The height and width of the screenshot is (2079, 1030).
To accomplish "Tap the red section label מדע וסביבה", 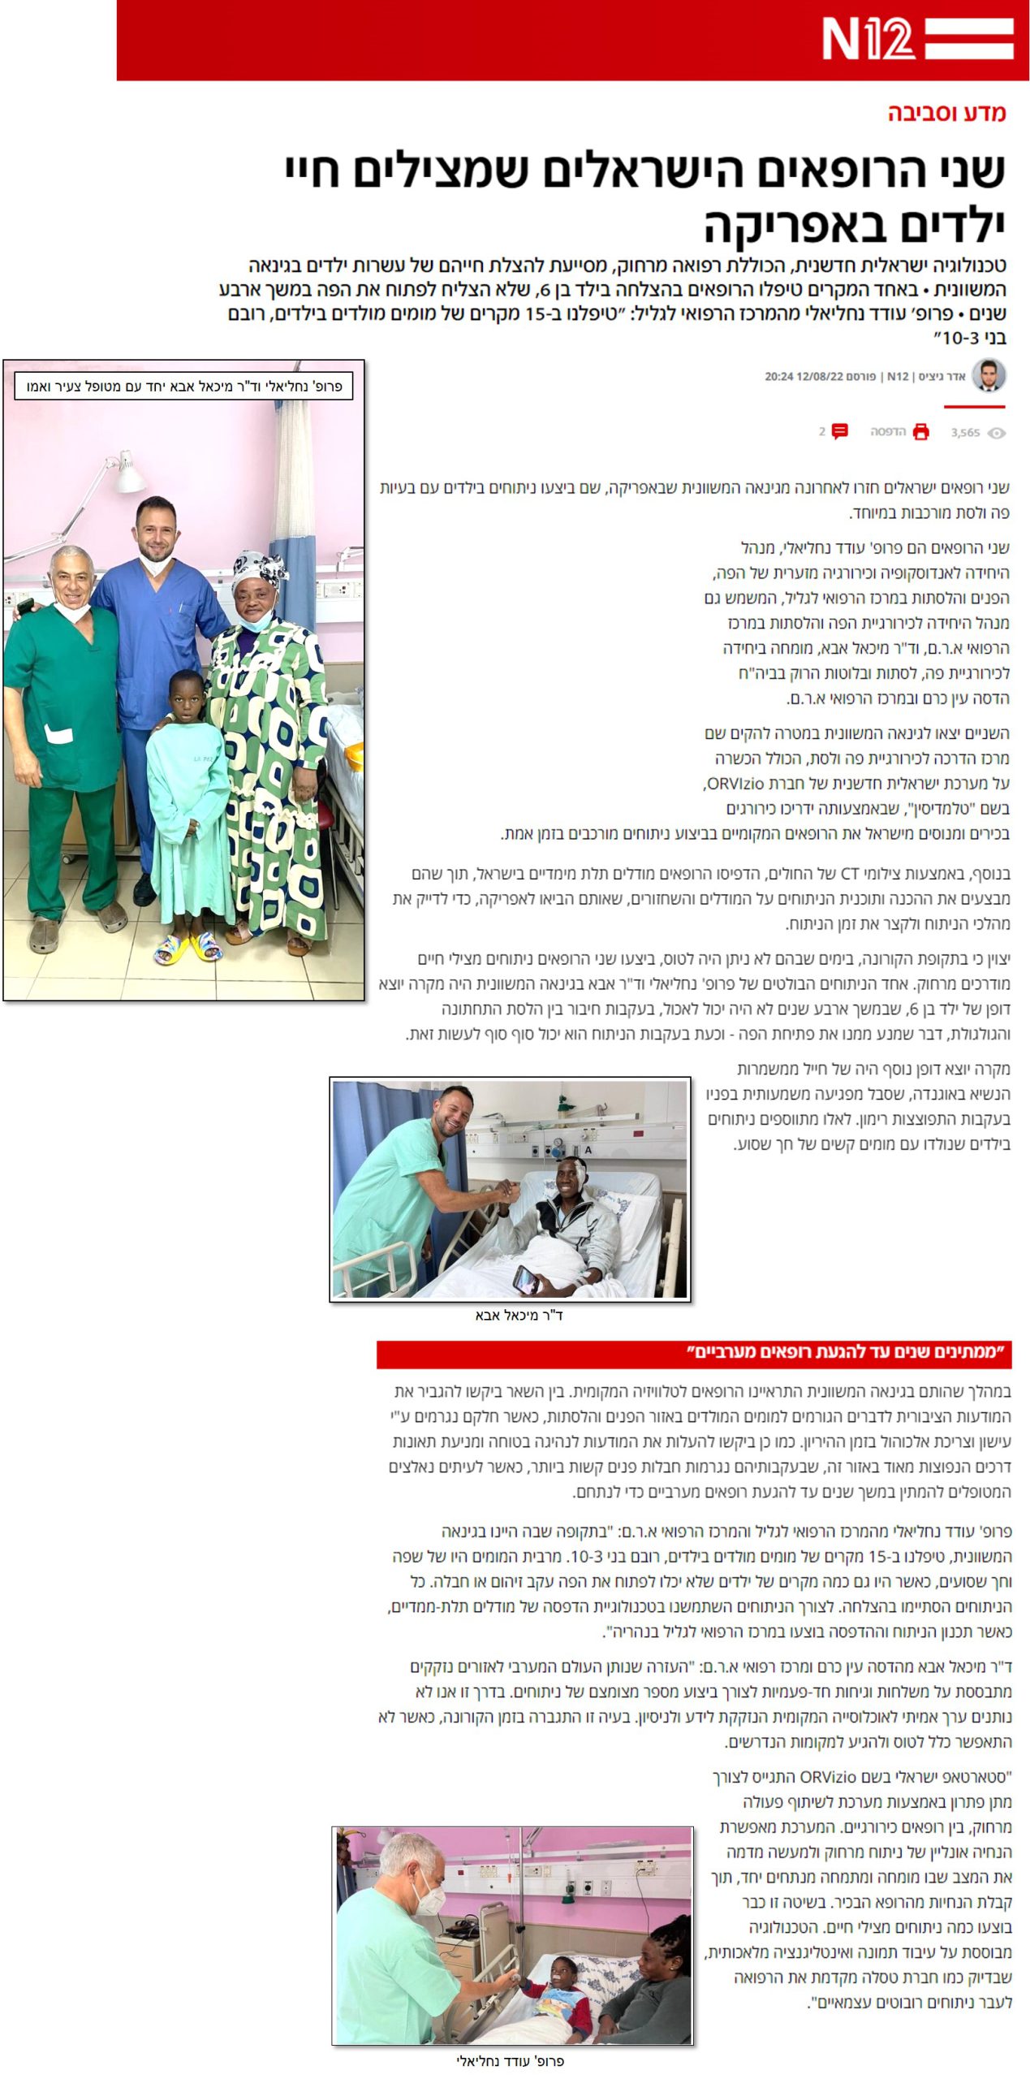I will pos(946,113).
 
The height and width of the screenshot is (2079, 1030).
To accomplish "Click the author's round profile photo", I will pos(988,375).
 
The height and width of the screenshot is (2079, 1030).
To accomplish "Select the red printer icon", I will pos(920,431).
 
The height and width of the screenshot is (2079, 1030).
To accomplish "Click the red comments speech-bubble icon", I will pos(840,431).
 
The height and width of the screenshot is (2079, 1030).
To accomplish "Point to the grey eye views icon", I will pos(996,433).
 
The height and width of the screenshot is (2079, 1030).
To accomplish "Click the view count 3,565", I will pos(965,433).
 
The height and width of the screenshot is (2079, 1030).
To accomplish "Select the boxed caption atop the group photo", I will pos(184,386).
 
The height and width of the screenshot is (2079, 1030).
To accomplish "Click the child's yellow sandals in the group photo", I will pos(188,948).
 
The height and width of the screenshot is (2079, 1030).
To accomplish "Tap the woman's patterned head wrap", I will pos(259,571).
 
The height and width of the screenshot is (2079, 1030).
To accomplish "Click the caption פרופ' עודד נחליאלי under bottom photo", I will pos(511,2060).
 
